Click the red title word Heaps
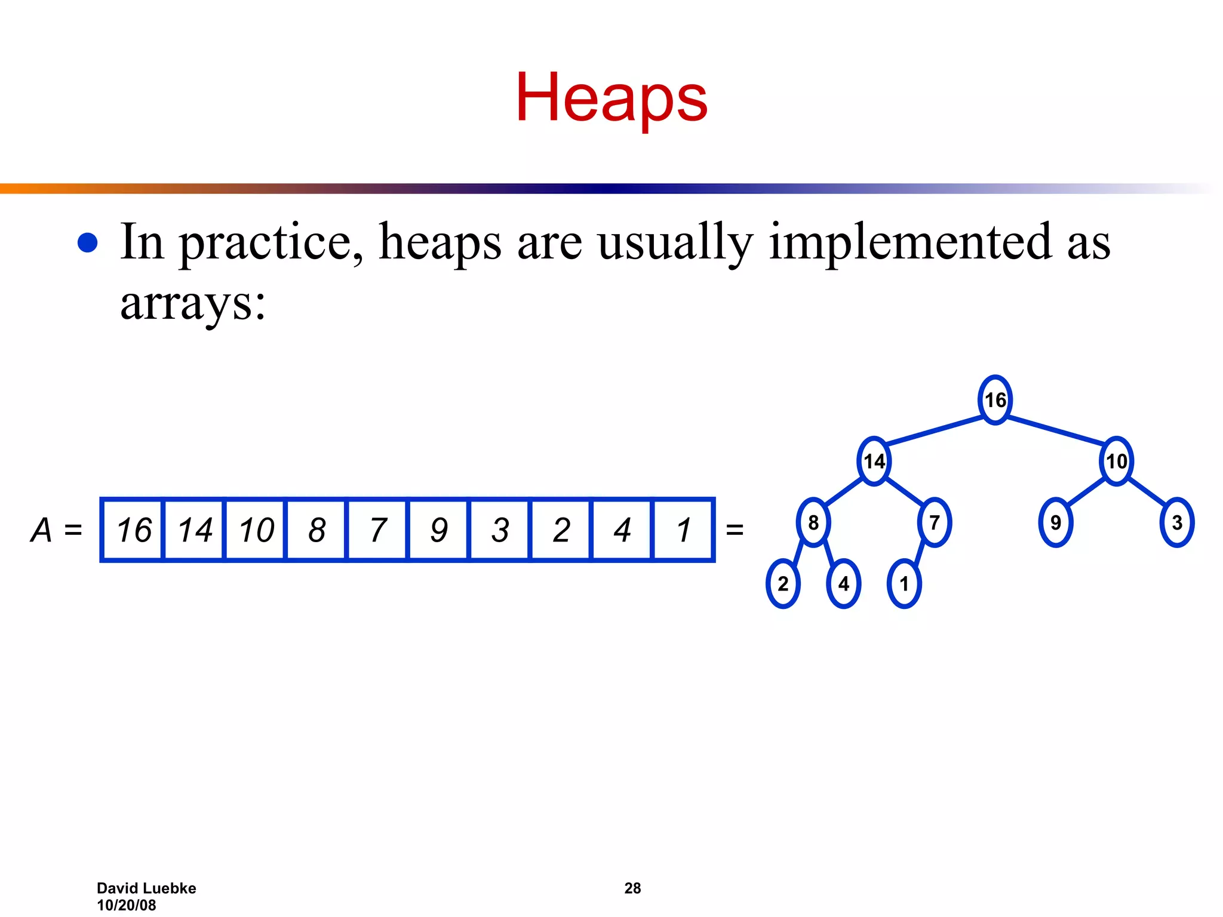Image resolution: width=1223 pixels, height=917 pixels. [611, 97]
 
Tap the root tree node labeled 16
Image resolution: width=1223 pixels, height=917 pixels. [995, 400]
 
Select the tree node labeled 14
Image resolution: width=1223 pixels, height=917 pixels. [874, 461]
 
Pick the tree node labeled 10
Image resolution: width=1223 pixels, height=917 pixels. [1116, 461]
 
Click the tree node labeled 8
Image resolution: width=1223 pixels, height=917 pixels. [813, 523]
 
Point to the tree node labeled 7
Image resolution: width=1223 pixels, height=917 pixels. [935, 523]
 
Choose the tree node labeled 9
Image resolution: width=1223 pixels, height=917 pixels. [1056, 523]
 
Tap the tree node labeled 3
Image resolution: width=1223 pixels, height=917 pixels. [1177, 523]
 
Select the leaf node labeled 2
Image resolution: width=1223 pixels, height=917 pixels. [783, 584]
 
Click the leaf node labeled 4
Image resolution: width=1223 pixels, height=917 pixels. [844, 584]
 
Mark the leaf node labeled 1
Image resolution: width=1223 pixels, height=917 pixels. [904, 584]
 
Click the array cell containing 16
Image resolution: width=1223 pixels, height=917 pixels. [133, 530]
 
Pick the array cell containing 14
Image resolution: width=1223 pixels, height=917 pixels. [195, 530]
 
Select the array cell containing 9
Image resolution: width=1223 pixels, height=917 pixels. [439, 530]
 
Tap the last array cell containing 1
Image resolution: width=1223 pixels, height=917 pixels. [683, 530]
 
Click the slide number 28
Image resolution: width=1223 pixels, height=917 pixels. [632, 888]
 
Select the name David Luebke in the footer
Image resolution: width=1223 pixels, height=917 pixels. [146, 888]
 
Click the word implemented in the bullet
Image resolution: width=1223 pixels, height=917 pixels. [909, 242]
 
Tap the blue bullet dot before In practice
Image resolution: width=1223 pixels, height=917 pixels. [88, 243]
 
